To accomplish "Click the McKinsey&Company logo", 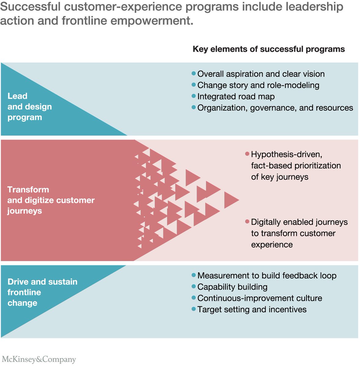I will (x=39, y=359).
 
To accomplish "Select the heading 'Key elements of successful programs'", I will (x=269, y=49).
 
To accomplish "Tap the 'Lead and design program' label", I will (x=30, y=106).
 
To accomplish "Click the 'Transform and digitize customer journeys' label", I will (x=51, y=200).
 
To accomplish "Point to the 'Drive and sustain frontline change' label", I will (x=42, y=292).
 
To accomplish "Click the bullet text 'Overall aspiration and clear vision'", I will (x=261, y=74).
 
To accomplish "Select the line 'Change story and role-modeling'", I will (x=258, y=85).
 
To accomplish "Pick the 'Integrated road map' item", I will (x=236, y=96).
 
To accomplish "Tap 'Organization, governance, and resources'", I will (x=275, y=108).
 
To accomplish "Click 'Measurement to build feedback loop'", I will (x=267, y=275).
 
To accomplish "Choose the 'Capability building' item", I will (x=232, y=287).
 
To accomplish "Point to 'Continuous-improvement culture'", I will (x=260, y=298).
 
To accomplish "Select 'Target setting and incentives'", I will (x=252, y=309).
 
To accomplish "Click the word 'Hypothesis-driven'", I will (x=286, y=154).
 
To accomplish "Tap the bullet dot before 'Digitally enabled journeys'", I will (x=247, y=222).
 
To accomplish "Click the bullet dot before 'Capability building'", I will (x=194, y=286).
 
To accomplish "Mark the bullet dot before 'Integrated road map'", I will (x=194, y=96).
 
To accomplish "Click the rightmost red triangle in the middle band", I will (x=231, y=200).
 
